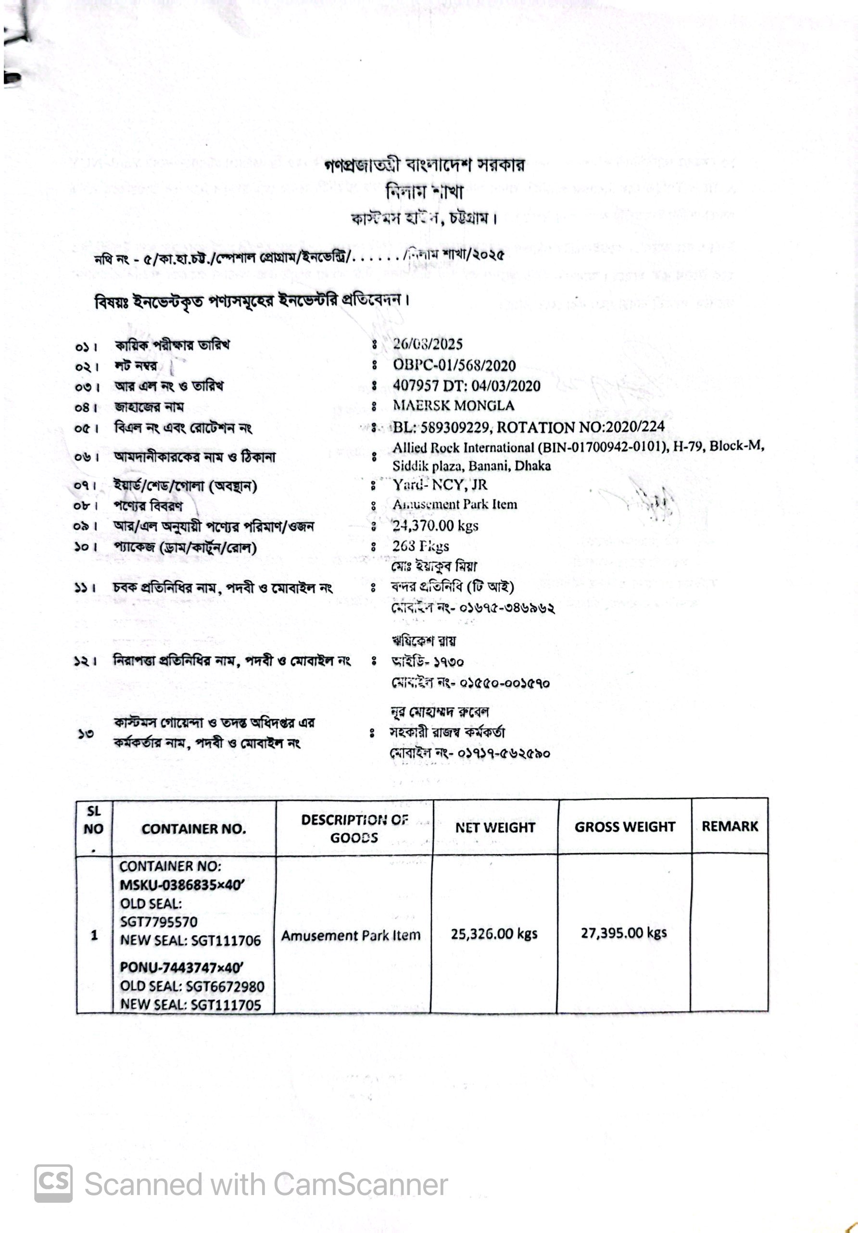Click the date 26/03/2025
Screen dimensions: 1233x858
pos(428,344)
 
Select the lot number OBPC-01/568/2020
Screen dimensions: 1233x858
pos(454,365)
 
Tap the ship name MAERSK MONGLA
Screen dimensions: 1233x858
pos(454,405)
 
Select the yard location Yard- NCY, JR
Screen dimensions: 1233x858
pos(440,485)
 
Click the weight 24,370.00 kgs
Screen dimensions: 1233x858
pos(435,525)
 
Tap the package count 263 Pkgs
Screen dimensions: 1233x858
pos(420,546)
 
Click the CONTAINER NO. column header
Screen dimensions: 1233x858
pos(194,829)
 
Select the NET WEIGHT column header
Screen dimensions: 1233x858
pos(495,828)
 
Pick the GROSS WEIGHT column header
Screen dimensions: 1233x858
pos(624,827)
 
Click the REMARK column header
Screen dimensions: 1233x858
pos(730,827)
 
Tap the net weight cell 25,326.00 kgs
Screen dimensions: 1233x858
pos(494,934)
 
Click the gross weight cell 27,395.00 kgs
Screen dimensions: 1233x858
pos(623,933)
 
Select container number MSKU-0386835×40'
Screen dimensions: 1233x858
pos(181,885)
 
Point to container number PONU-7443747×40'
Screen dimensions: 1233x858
pos(181,968)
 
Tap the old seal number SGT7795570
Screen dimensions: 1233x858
pos(159,922)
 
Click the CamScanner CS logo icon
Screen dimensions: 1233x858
pos(53,1183)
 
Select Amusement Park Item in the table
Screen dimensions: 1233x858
pos(351,935)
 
